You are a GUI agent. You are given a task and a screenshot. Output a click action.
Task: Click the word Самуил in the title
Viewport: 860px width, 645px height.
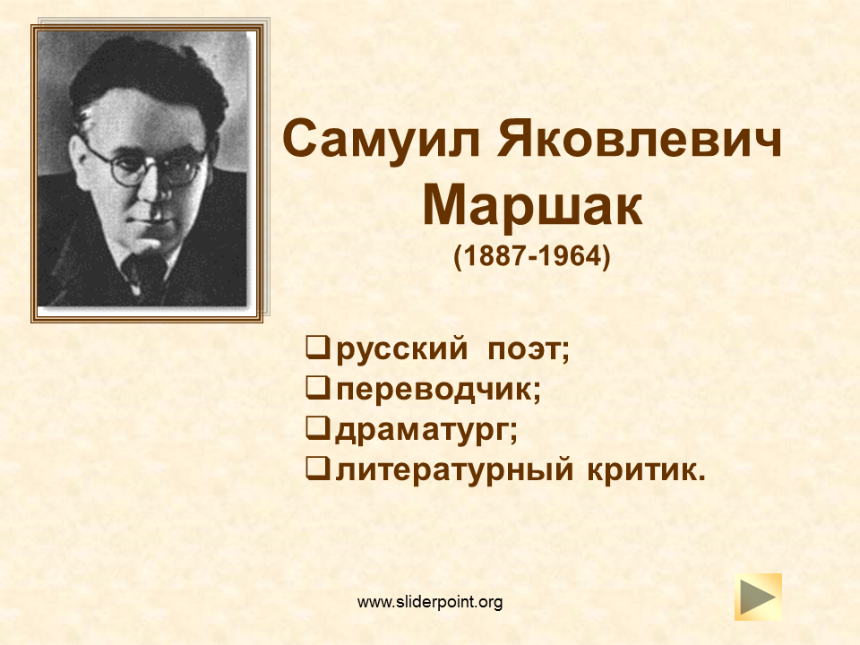coord(382,140)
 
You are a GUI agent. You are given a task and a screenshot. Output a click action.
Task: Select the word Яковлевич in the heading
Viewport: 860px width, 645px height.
coord(640,140)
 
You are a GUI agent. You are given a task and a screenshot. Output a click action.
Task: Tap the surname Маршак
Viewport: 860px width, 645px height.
coord(532,204)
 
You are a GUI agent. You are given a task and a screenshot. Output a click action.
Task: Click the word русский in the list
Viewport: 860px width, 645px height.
coord(402,349)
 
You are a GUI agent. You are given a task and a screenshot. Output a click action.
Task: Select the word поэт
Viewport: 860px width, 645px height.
coord(524,348)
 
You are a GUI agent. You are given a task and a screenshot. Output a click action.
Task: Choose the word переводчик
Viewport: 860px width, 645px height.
coord(434,390)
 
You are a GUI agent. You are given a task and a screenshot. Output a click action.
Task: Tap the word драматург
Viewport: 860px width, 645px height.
coord(422,431)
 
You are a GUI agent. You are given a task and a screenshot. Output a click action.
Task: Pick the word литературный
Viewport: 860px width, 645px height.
coord(455,470)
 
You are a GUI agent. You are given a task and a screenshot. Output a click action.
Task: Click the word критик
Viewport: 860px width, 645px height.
coord(642,470)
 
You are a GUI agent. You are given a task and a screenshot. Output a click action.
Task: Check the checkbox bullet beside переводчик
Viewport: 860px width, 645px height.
coord(318,388)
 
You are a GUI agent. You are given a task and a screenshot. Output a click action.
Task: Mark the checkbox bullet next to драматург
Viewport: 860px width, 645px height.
coord(318,428)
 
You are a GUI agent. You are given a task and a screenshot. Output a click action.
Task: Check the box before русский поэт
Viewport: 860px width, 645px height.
coord(318,348)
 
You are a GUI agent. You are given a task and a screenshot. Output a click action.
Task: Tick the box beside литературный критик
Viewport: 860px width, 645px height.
coord(318,469)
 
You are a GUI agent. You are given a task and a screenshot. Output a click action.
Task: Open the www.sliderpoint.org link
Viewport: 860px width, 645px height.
coord(430,602)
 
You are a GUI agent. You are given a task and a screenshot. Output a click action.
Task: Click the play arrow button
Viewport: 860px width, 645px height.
coord(758,598)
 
